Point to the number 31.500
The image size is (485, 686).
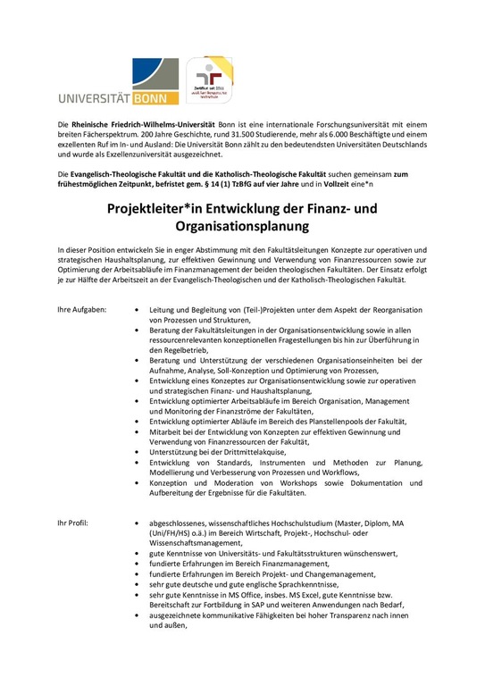281,132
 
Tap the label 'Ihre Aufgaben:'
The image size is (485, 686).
82,308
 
